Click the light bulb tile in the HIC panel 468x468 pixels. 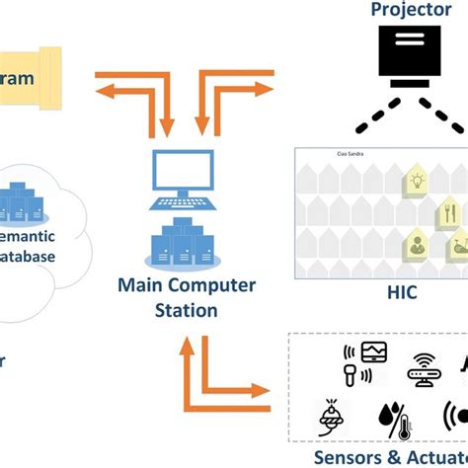[416, 182]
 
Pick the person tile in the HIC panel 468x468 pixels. [418, 245]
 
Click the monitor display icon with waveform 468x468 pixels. [374, 352]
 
